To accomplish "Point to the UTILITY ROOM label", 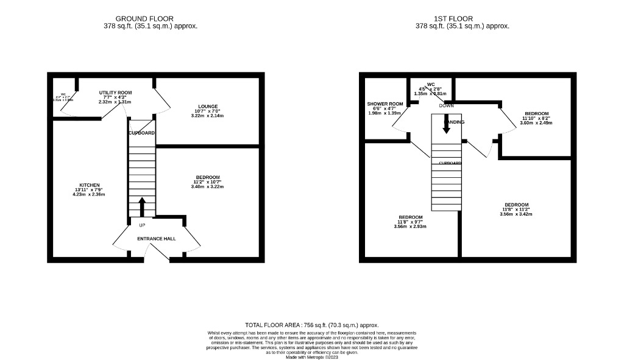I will (x=115, y=92).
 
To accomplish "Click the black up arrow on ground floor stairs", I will (x=142, y=206).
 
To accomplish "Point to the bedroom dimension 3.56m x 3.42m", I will (x=516, y=214).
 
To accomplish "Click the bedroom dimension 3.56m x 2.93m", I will (x=411, y=227).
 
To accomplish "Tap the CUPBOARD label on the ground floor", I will (x=141, y=133).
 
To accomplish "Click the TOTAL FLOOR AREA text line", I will (x=311, y=325).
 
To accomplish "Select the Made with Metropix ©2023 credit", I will (x=311, y=357).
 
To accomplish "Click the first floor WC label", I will (x=431, y=84).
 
